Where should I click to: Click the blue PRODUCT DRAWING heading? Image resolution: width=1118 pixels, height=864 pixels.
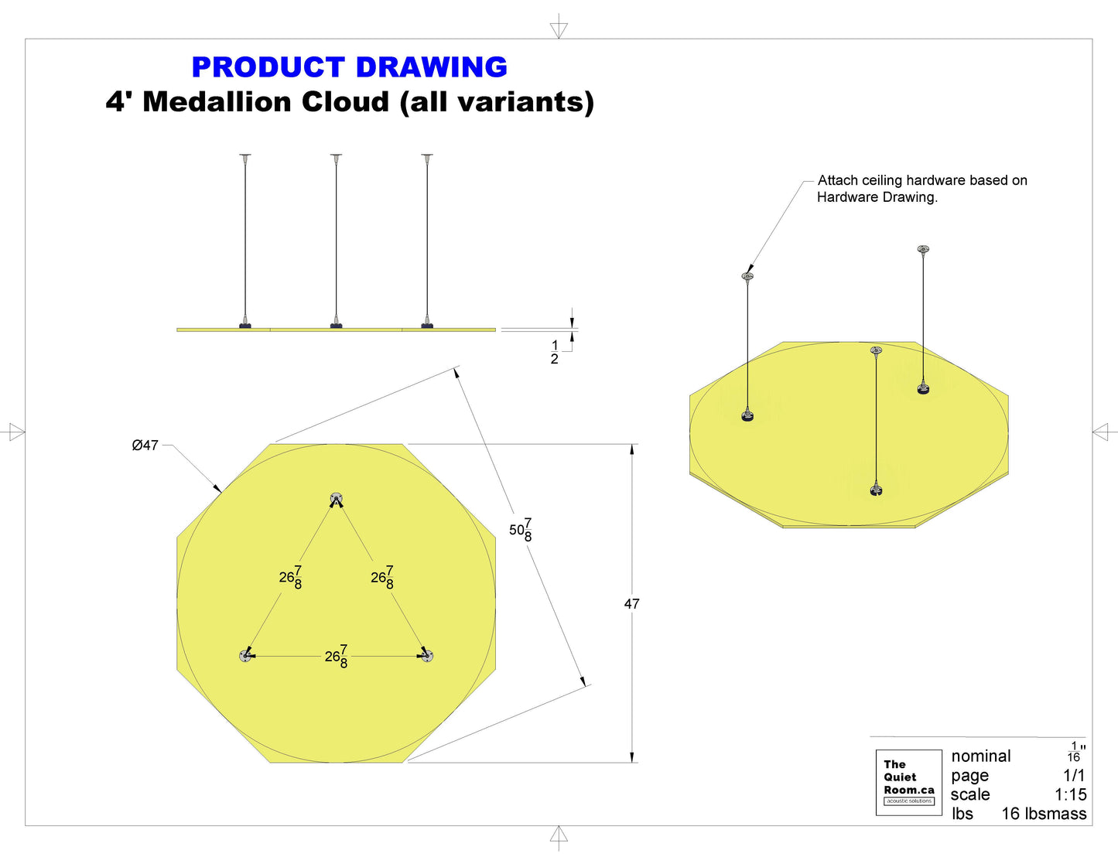[350, 67]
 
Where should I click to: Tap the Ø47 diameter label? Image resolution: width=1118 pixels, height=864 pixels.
[145, 445]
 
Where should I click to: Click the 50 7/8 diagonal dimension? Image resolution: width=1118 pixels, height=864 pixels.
[521, 530]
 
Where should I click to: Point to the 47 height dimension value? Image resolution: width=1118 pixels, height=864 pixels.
[632, 604]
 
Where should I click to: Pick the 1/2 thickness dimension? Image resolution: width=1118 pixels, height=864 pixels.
[554, 352]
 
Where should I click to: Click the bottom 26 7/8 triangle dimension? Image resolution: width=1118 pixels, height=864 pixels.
[337, 656]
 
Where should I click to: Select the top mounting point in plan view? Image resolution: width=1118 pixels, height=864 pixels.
[336, 498]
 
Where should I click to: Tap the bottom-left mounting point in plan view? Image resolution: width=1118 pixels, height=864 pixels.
[245, 656]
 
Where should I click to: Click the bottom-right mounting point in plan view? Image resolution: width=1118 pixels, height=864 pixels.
[427, 656]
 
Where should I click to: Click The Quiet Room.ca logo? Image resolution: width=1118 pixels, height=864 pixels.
[908, 782]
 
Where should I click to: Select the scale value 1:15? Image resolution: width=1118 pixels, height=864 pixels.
[1071, 794]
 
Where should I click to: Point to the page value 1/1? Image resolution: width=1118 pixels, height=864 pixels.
[1074, 775]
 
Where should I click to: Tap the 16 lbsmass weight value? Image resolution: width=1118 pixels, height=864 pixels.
[1044, 814]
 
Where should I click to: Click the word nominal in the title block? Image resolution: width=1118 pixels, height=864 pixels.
[980, 756]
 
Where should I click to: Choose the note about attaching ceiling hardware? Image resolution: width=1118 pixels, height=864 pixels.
[922, 188]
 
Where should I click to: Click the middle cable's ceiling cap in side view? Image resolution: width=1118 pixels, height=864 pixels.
[336, 155]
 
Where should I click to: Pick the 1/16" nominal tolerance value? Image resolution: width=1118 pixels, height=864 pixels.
[1075, 751]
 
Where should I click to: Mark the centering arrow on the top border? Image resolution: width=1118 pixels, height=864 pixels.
[559, 30]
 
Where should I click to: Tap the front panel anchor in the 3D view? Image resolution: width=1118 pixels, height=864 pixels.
[876, 490]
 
